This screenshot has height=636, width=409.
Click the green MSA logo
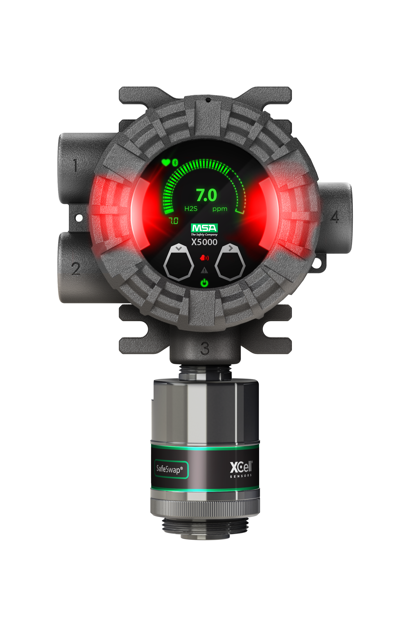(204, 228)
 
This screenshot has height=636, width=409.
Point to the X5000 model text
(204, 242)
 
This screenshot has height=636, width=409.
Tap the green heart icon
(166, 162)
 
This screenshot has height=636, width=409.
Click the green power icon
(204, 283)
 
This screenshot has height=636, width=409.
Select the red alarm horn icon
(204, 257)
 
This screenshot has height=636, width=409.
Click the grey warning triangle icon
(204, 270)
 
